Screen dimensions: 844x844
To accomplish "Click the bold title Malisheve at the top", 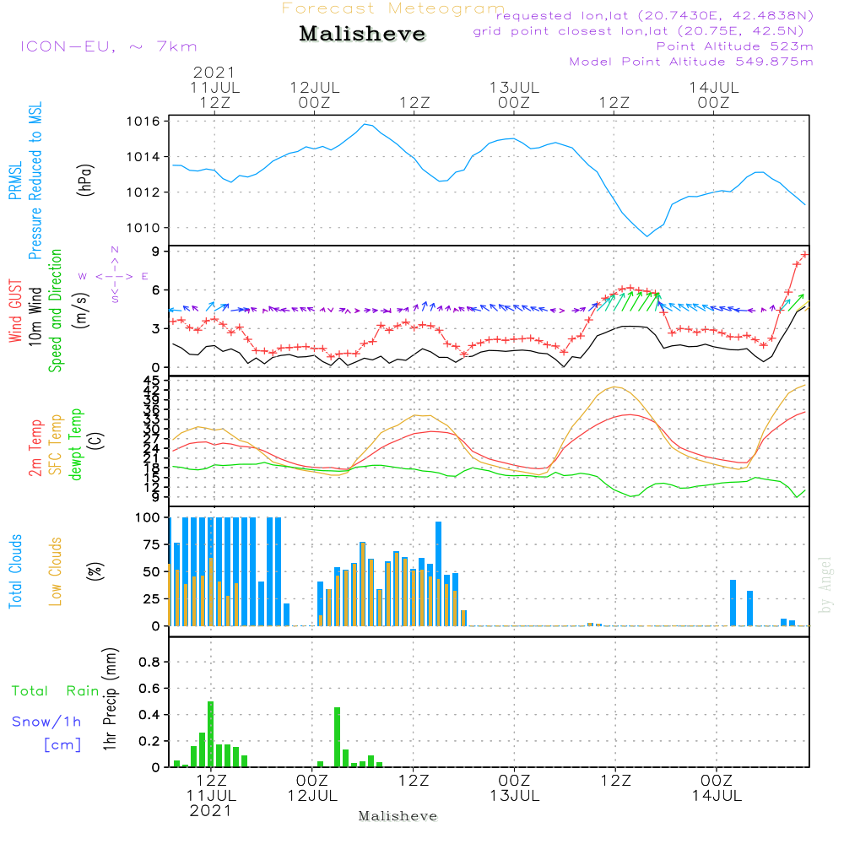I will (362, 35).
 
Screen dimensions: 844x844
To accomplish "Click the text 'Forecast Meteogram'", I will (392, 9).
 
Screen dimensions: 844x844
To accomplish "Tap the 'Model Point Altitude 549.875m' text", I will (691, 62).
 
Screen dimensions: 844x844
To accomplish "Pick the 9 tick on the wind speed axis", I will (156, 252).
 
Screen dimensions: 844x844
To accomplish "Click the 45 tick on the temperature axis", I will (151, 381).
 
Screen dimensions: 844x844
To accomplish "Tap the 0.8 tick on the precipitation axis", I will (149, 663).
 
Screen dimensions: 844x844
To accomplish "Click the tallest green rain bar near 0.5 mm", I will (210, 733).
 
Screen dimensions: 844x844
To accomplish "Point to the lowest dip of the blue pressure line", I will (647, 236).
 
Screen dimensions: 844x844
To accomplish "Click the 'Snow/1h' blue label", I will (46, 722).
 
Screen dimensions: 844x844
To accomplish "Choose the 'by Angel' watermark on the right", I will (825, 585).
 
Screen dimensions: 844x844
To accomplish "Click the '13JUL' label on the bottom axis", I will (514, 795).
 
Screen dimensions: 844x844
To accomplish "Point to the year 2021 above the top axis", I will (214, 73).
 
